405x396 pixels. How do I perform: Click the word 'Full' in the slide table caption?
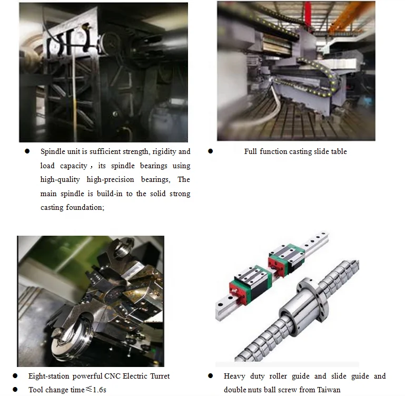pos(251,152)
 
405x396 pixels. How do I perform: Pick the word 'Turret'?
pos(159,376)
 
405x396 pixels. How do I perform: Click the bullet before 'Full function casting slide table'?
pos(211,151)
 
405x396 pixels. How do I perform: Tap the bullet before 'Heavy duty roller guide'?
pos(211,376)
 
